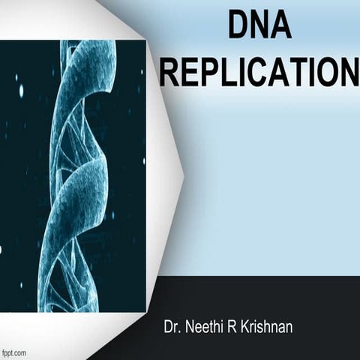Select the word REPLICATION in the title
(x=259, y=73)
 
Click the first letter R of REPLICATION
(x=168, y=73)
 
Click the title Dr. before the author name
(x=172, y=328)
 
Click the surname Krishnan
(x=264, y=328)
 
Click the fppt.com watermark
(x=14, y=352)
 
